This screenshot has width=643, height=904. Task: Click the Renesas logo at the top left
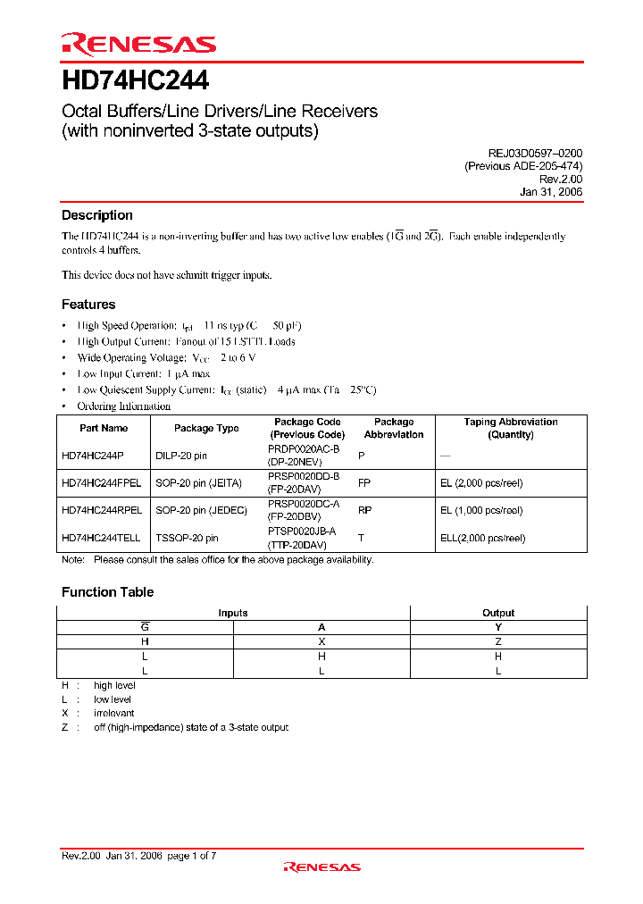coord(138,44)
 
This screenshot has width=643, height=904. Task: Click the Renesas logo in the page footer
coord(321,866)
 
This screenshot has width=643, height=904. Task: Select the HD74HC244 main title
coord(135,81)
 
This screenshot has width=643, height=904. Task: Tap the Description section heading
coord(96,215)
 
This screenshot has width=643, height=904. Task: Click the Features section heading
coord(88,305)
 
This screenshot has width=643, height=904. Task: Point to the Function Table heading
coord(107,592)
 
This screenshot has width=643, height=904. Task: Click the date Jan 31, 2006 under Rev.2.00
coord(551,192)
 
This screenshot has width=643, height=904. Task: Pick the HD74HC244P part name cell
coord(92,456)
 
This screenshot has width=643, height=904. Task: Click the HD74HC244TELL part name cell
coord(101,538)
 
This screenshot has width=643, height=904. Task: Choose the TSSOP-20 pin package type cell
coord(187,538)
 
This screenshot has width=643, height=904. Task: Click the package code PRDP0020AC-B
coord(304,449)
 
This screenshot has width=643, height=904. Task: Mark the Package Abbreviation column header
coord(394,428)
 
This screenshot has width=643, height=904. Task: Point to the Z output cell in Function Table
coord(498,641)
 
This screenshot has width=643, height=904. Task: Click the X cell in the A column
coord(321,641)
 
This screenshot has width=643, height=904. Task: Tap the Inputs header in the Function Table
coord(233,613)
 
